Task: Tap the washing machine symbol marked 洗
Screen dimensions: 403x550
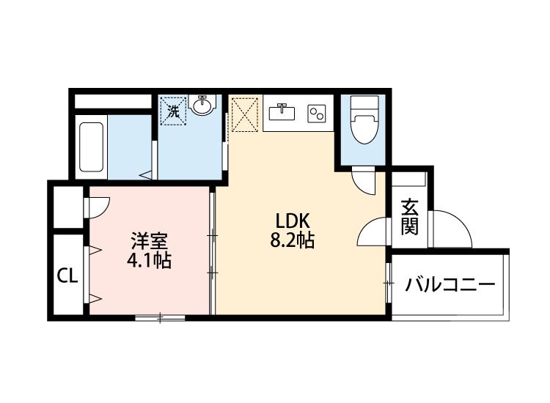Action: [174, 111]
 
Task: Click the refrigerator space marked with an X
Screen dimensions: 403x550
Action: [245, 113]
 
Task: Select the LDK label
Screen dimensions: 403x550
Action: [294, 220]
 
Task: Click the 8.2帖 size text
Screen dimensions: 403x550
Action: [294, 240]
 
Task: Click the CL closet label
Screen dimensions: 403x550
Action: [67, 276]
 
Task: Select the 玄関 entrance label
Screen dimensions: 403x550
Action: [409, 218]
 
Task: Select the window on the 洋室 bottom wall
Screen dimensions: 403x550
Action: [160, 318]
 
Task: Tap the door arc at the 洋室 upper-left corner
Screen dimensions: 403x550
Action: [98, 207]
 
